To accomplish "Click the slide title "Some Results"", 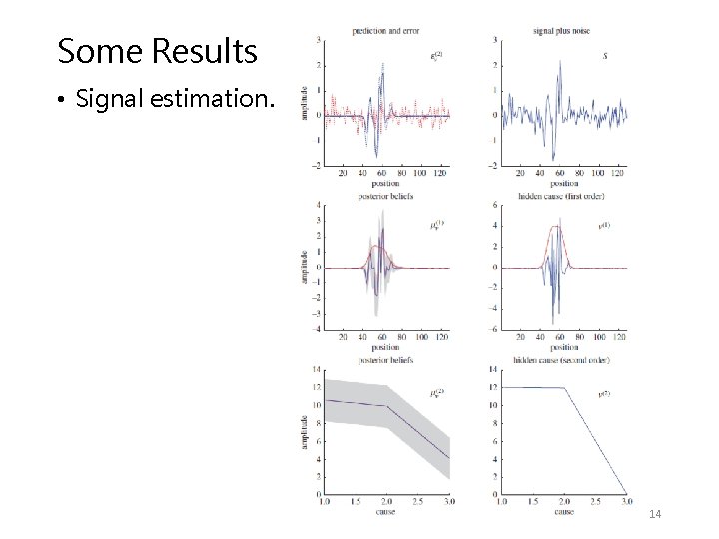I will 157,50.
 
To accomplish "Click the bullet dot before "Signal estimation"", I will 61,100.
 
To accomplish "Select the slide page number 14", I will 655,514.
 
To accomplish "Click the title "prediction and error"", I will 385,31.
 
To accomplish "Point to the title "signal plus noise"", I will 561,31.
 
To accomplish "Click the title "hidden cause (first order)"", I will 564,197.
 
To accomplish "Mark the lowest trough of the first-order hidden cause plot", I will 553,322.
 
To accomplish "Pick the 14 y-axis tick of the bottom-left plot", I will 317,369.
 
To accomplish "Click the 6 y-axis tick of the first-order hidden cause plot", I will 496,206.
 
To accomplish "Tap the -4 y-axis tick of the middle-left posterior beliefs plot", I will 317,329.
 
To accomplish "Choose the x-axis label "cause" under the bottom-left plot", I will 385,513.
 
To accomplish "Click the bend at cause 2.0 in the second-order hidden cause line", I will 564,388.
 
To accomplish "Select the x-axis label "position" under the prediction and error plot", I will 385,184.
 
